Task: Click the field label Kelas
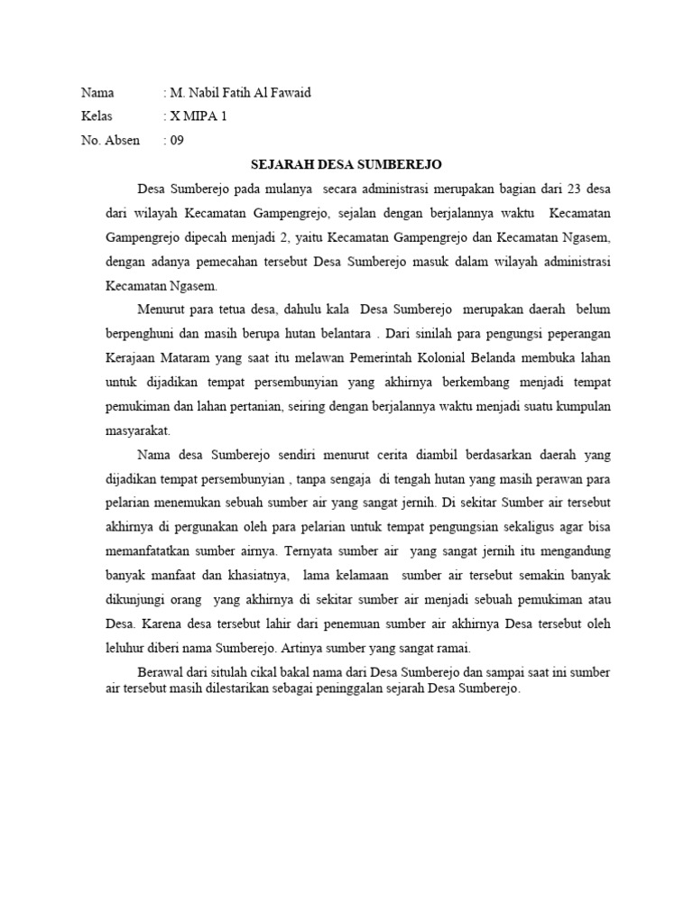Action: [x=96, y=116]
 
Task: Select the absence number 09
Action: [x=177, y=140]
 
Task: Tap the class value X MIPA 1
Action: [x=199, y=116]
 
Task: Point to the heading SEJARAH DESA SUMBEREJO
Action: [x=346, y=165]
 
